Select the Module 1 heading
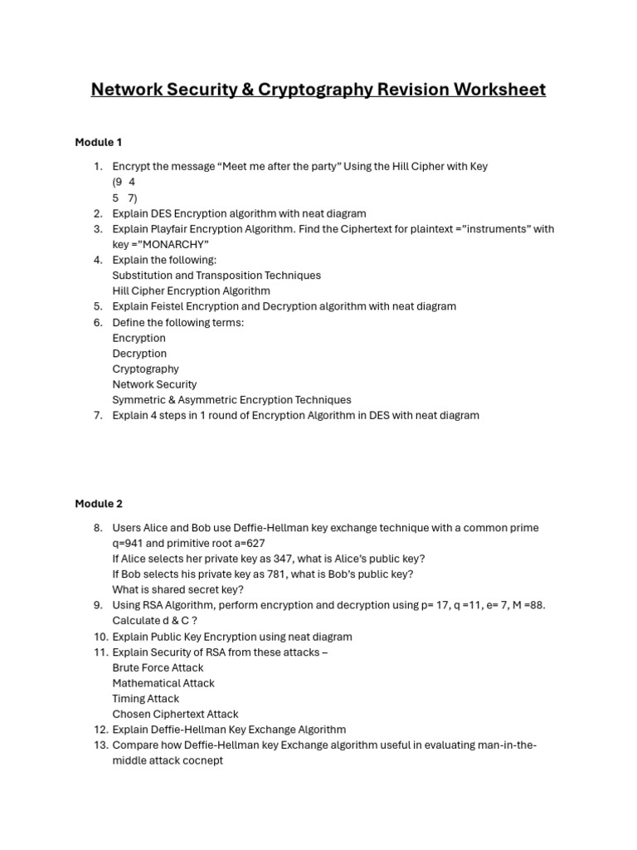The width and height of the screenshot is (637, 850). (x=99, y=142)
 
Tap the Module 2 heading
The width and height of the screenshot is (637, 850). (x=99, y=504)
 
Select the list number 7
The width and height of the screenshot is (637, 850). (x=98, y=415)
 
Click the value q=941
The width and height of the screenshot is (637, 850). (x=129, y=544)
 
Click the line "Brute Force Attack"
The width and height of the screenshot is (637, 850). (x=158, y=667)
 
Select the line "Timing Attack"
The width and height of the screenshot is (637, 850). (x=146, y=699)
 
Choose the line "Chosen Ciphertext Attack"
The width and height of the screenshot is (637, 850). (x=175, y=714)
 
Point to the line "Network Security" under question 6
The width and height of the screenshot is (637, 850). (x=154, y=384)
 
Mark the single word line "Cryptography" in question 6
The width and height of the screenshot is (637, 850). (x=145, y=369)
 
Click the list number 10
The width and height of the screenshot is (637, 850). (x=100, y=637)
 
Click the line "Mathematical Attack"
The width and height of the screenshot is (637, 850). (x=163, y=683)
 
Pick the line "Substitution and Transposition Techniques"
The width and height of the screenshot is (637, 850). (x=216, y=275)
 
